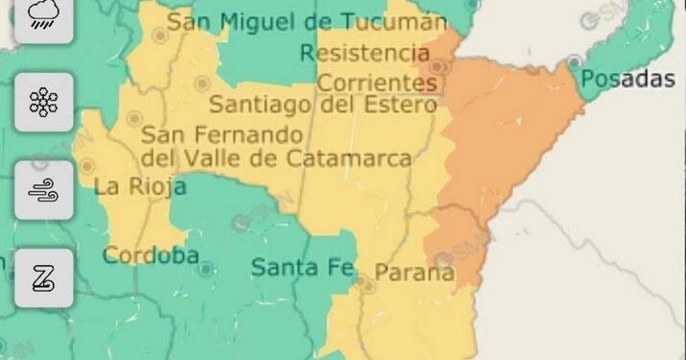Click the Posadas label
[628, 80]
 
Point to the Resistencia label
[364, 52]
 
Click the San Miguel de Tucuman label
[307, 21]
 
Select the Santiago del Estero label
[321, 103]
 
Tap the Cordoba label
[151, 255]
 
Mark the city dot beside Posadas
[575, 60]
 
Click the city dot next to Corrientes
[438, 67]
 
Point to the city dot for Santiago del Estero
[201, 84]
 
